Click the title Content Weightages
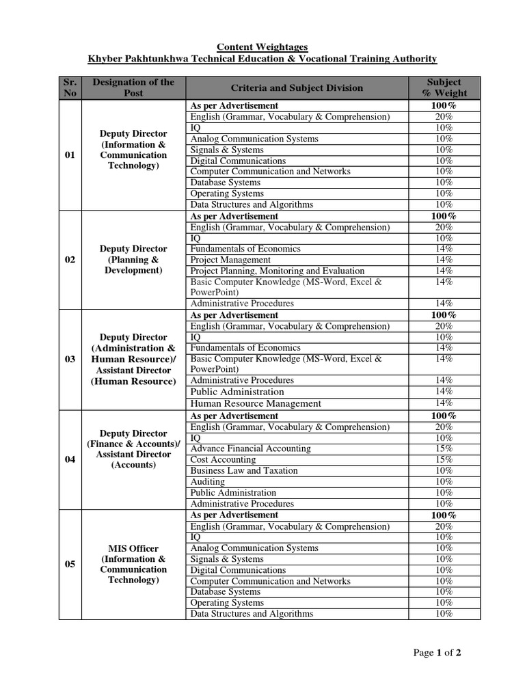pyautogui.click(x=262, y=46)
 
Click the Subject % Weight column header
pyautogui.click(x=444, y=87)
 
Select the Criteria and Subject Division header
pyautogui.click(x=297, y=87)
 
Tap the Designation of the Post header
pyautogui.click(x=133, y=87)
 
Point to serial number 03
pyautogui.click(x=70, y=359)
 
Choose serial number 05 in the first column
pyautogui.click(x=70, y=564)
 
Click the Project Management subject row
pyautogui.click(x=230, y=260)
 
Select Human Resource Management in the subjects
pyautogui.click(x=256, y=403)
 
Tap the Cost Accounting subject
pyautogui.click(x=223, y=459)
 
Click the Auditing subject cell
pyautogui.click(x=207, y=481)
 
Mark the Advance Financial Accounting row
pyautogui.click(x=250, y=448)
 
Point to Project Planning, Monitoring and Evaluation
pyautogui.click(x=277, y=271)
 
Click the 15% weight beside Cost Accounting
pyautogui.click(x=444, y=459)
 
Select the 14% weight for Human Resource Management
pyautogui.click(x=444, y=403)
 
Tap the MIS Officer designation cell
pyautogui.click(x=133, y=564)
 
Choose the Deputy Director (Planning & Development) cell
pyautogui.click(x=133, y=260)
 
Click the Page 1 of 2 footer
pyautogui.click(x=437, y=653)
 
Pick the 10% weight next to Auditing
pyautogui.click(x=444, y=481)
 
